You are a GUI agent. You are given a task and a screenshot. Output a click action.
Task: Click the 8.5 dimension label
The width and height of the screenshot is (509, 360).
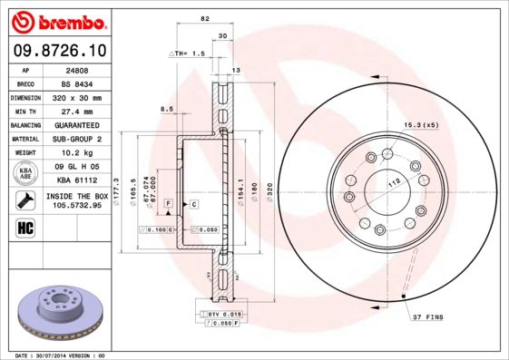click(x=166, y=109)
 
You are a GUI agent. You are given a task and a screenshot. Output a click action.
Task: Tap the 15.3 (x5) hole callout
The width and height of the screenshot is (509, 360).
click(x=422, y=124)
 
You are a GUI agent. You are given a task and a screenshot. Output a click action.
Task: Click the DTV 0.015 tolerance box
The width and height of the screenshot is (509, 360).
click(x=220, y=313)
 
